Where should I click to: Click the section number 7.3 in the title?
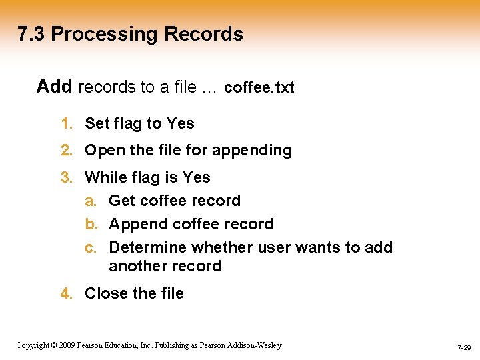(x=31, y=34)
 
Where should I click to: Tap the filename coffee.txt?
(x=259, y=87)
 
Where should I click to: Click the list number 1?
(x=65, y=123)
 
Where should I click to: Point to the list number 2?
(x=65, y=150)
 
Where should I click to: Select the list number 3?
(x=65, y=177)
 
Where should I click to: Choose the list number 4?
(x=65, y=293)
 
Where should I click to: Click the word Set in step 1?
(x=97, y=123)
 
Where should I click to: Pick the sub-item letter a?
(x=89, y=201)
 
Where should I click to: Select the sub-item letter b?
(x=89, y=224)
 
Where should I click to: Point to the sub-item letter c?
(x=89, y=247)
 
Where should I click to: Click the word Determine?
(x=147, y=247)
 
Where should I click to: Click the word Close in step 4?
(x=105, y=293)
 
